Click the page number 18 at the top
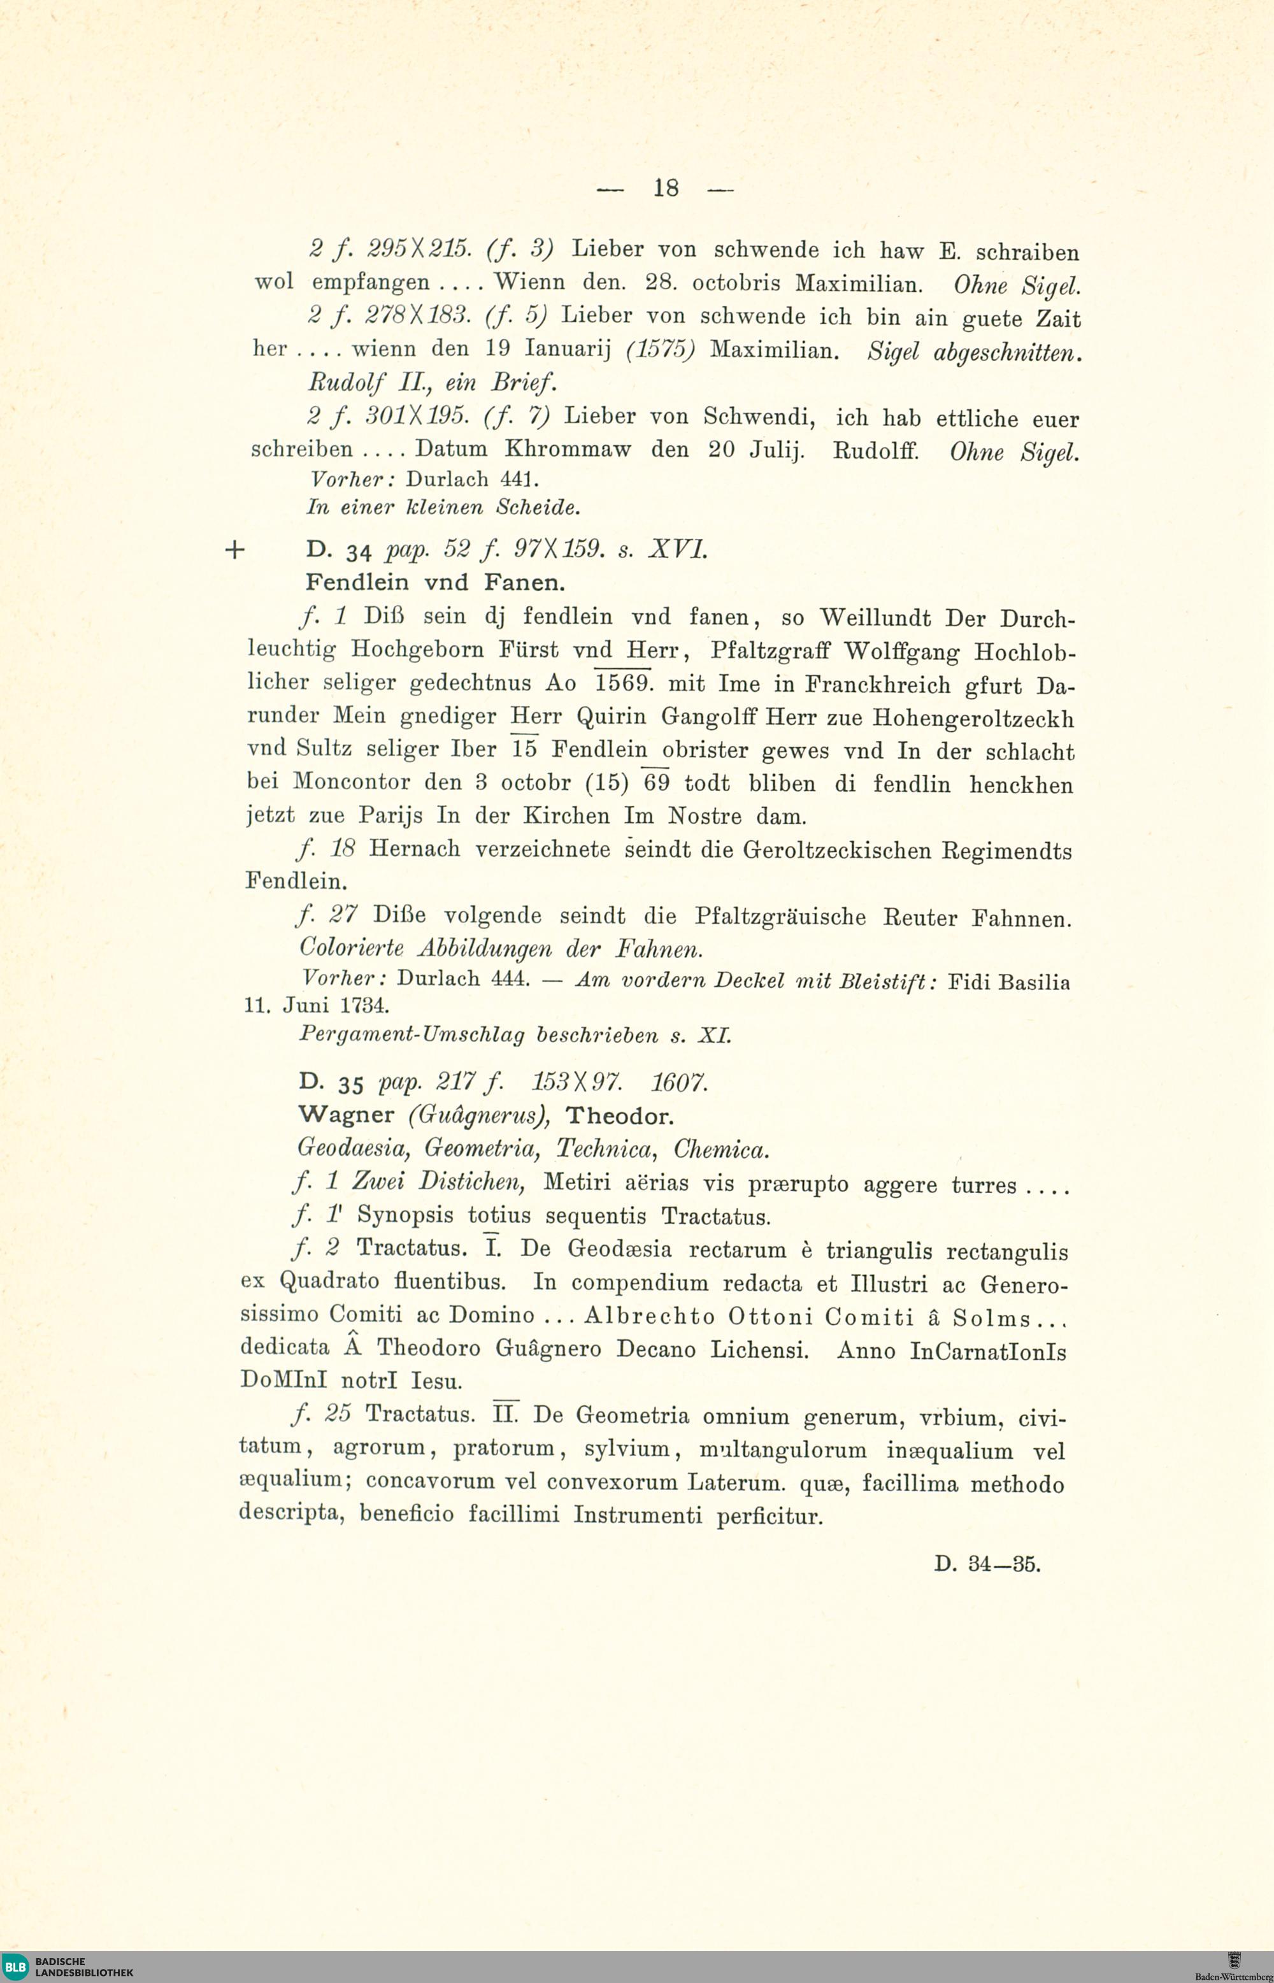[x=665, y=189]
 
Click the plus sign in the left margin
[x=235, y=550]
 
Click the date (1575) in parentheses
[x=660, y=350]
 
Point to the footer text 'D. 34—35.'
[x=987, y=1564]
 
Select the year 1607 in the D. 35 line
[x=679, y=1083]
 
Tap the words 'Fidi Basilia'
[x=1008, y=982]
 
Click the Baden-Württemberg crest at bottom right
[x=1235, y=1961]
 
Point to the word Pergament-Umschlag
[x=411, y=1035]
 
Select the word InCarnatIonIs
[x=988, y=1351]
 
